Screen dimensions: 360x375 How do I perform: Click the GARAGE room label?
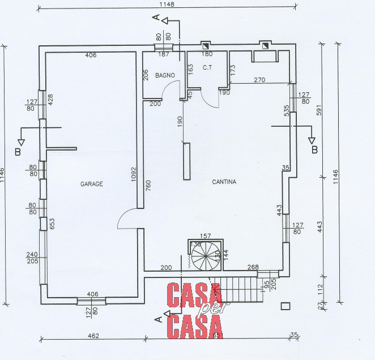91,184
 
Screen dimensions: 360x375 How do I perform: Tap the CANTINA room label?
224,182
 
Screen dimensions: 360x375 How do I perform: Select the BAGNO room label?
165,75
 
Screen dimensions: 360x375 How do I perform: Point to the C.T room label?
207,68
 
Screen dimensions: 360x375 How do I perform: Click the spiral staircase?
204,256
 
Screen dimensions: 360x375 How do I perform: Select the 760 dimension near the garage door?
148,186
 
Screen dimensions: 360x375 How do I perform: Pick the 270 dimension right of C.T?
258,80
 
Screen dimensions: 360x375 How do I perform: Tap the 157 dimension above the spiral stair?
206,235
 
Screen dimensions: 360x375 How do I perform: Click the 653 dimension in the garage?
51,224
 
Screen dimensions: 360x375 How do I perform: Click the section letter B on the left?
18,152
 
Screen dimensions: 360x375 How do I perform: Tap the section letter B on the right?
315,149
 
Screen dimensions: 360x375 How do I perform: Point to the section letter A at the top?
157,19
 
